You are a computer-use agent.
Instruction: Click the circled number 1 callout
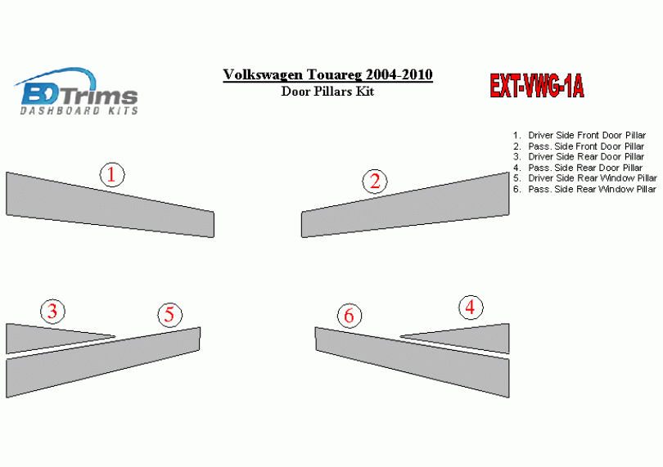click(112, 174)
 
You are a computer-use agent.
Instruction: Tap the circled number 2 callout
click(375, 182)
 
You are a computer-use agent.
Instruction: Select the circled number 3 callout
click(53, 312)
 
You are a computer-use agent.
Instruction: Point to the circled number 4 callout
click(471, 308)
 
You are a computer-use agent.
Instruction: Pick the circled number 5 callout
click(170, 315)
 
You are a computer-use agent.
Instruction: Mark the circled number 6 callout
click(350, 316)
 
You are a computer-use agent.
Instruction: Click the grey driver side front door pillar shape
click(110, 205)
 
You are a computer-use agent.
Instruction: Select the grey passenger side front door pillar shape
click(405, 205)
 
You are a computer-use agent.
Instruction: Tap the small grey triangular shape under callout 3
click(47, 337)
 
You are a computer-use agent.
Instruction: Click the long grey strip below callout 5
click(103, 362)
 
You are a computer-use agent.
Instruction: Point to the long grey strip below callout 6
click(413, 362)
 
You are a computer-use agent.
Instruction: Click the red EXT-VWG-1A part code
click(537, 86)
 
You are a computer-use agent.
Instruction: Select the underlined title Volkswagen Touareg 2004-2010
click(327, 74)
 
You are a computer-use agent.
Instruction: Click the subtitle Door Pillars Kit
click(327, 92)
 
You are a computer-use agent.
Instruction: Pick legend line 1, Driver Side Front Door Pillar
click(580, 135)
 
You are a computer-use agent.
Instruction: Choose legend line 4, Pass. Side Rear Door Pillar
click(578, 168)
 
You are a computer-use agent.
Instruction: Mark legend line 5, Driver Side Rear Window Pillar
click(585, 178)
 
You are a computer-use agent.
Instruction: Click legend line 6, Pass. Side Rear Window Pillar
click(584, 190)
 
